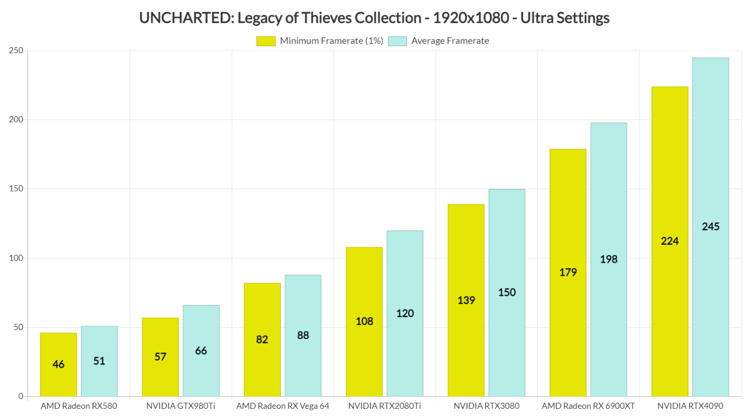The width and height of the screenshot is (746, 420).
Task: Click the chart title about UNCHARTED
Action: pos(373,18)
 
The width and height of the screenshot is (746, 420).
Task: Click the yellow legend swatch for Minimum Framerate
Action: pos(266,41)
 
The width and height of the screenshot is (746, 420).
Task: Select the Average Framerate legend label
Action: pos(450,41)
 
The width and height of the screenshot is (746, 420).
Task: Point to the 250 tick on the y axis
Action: pos(16,51)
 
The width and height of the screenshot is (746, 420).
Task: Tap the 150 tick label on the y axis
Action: pos(16,189)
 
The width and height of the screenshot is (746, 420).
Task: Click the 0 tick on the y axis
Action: pos(21,396)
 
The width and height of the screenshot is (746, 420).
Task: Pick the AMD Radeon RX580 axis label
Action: pos(79,406)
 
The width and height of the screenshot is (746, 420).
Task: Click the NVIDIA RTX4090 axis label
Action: pos(690,406)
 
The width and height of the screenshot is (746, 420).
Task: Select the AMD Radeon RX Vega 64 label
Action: pos(283,406)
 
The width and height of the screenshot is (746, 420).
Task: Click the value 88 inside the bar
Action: pos(303,335)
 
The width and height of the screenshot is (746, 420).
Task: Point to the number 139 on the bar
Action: pos(466,300)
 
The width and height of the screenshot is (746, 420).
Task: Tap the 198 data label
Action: pos(609,260)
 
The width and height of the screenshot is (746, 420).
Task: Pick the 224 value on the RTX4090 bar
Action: pos(670,241)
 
